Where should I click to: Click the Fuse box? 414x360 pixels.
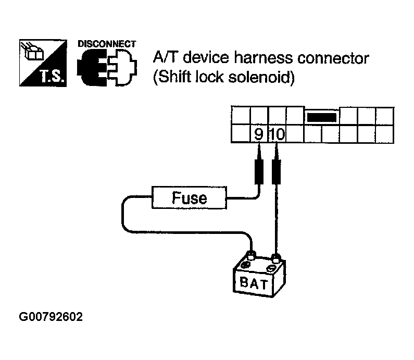coord(189,197)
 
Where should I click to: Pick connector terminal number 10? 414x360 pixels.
coord(277,134)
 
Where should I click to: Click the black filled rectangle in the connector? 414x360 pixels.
coord(322,117)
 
